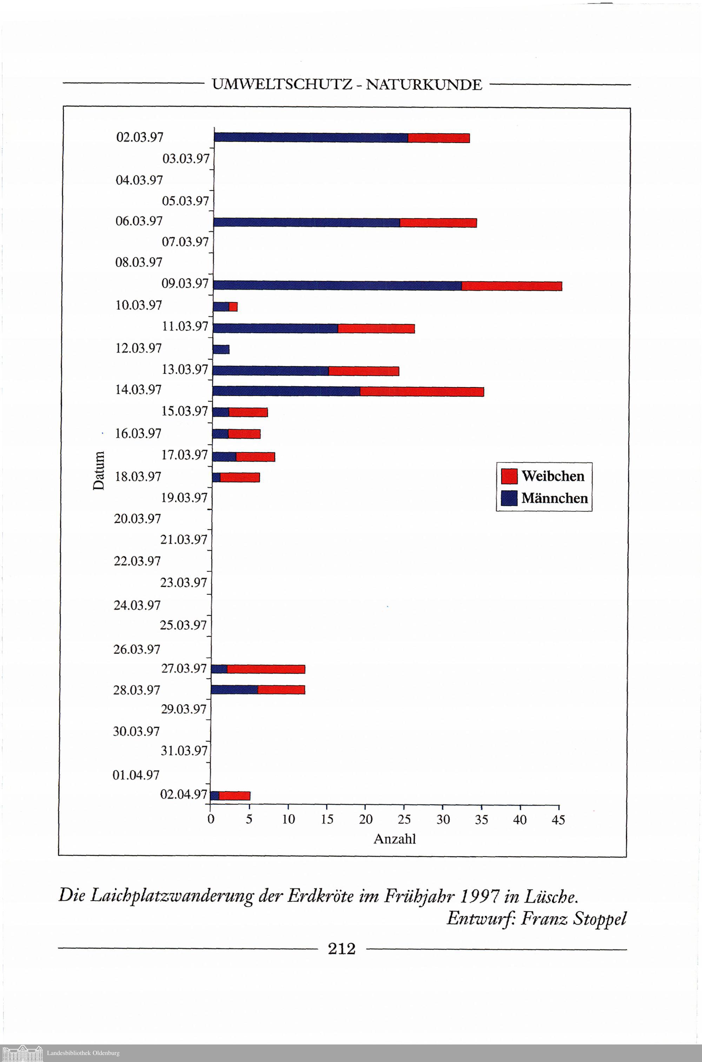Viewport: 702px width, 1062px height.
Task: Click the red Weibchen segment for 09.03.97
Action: pos(511,286)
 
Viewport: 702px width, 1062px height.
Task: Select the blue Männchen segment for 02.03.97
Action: pos(311,138)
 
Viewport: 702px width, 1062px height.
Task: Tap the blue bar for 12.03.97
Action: pos(221,349)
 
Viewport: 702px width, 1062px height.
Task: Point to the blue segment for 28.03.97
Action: pos(234,690)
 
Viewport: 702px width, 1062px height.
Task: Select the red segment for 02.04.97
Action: pos(234,796)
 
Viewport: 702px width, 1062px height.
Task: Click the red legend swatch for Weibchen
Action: pos(509,476)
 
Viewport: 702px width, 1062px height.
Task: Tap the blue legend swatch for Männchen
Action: pos(509,498)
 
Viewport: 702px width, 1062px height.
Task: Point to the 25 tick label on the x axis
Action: pos(404,820)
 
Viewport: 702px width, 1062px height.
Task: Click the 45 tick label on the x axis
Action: pos(558,820)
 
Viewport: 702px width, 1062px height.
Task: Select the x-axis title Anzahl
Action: pos(395,839)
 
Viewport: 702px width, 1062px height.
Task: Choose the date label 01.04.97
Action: pos(135,775)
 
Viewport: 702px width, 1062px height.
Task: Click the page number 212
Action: pos(342,948)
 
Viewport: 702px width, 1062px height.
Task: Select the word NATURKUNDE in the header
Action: pos(424,85)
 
